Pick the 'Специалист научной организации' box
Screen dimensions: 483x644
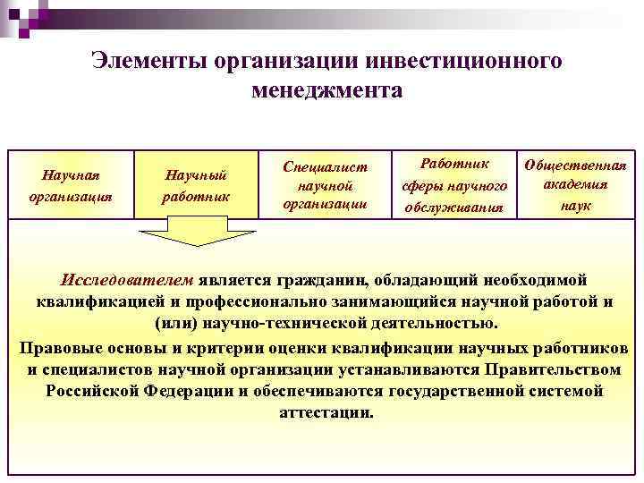pos(325,184)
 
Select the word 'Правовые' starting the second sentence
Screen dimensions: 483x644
pos(56,347)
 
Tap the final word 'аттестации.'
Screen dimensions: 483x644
pos(326,413)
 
